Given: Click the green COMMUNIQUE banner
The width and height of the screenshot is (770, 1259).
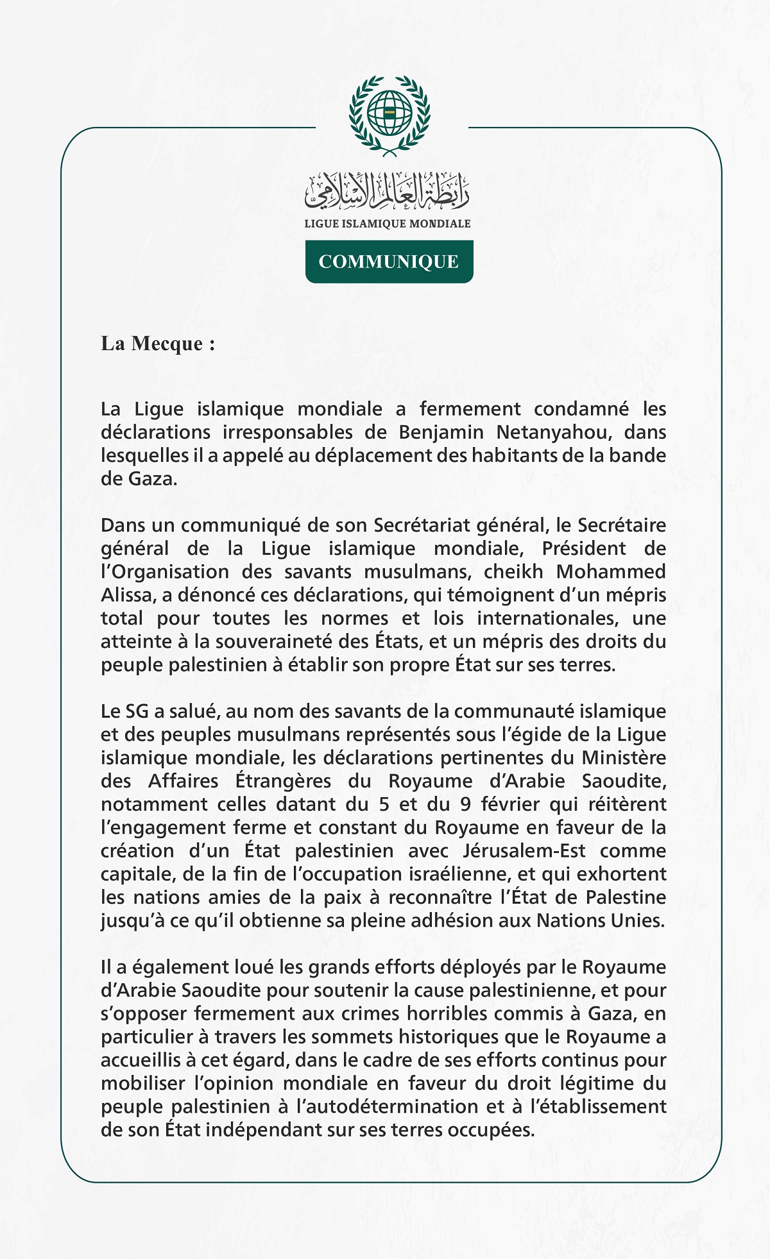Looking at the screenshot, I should (x=389, y=262).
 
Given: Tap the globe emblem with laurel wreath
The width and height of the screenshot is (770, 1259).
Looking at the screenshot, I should (x=389, y=114).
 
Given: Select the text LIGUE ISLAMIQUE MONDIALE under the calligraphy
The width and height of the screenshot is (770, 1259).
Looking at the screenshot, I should (x=388, y=224).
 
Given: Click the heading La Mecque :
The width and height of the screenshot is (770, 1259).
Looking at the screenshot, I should (x=158, y=344).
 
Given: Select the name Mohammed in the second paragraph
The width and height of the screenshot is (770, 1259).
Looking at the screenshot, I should (x=612, y=571).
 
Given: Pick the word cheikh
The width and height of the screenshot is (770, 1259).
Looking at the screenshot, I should (x=513, y=571).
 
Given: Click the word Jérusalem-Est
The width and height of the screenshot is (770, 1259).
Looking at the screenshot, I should (x=524, y=851).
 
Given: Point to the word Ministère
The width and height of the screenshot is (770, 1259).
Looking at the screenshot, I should (x=624, y=758).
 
